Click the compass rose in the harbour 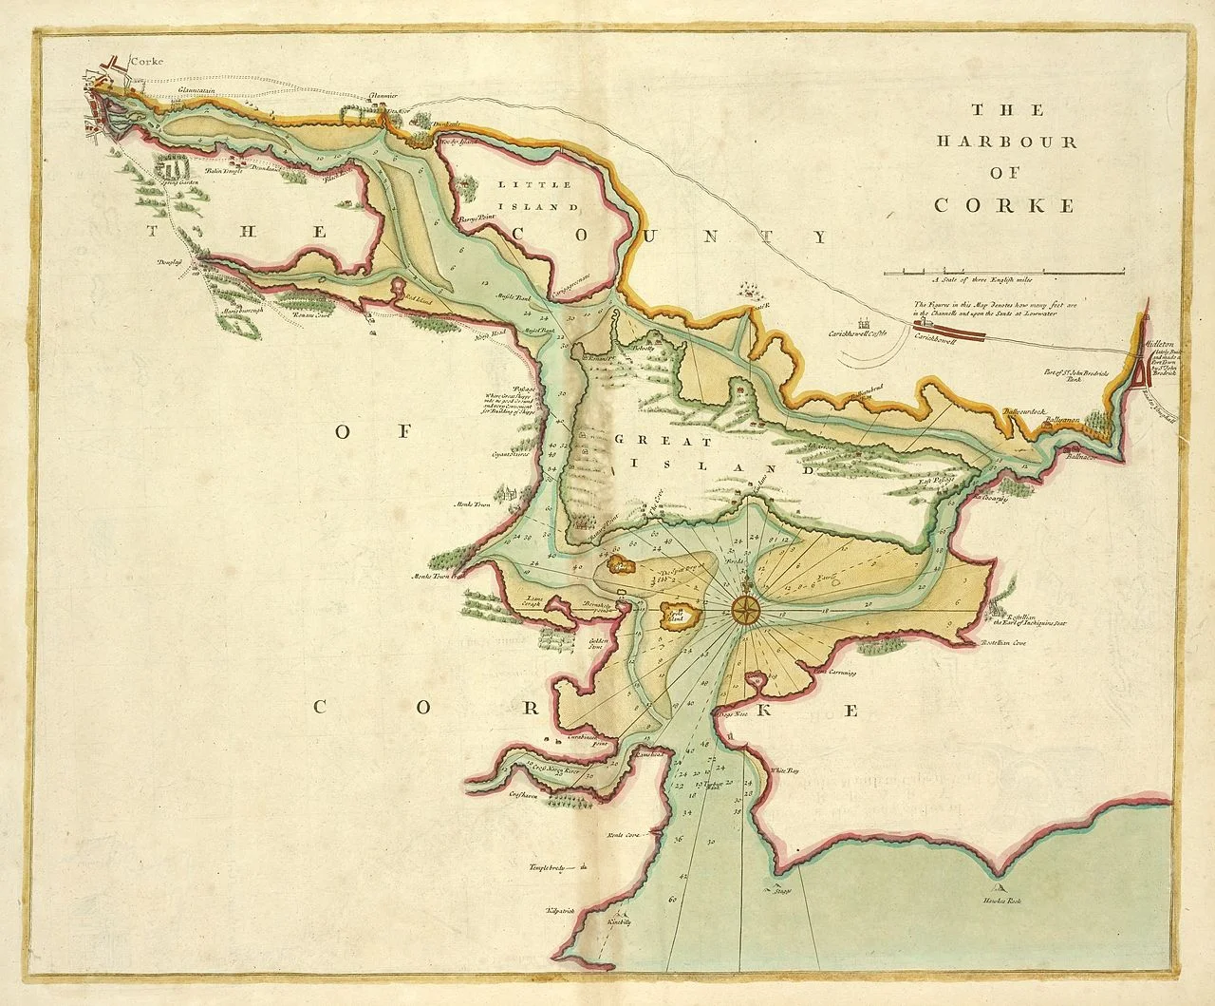747,609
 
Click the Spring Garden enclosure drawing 173,171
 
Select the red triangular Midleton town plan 1140,376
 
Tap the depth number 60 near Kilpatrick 672,898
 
